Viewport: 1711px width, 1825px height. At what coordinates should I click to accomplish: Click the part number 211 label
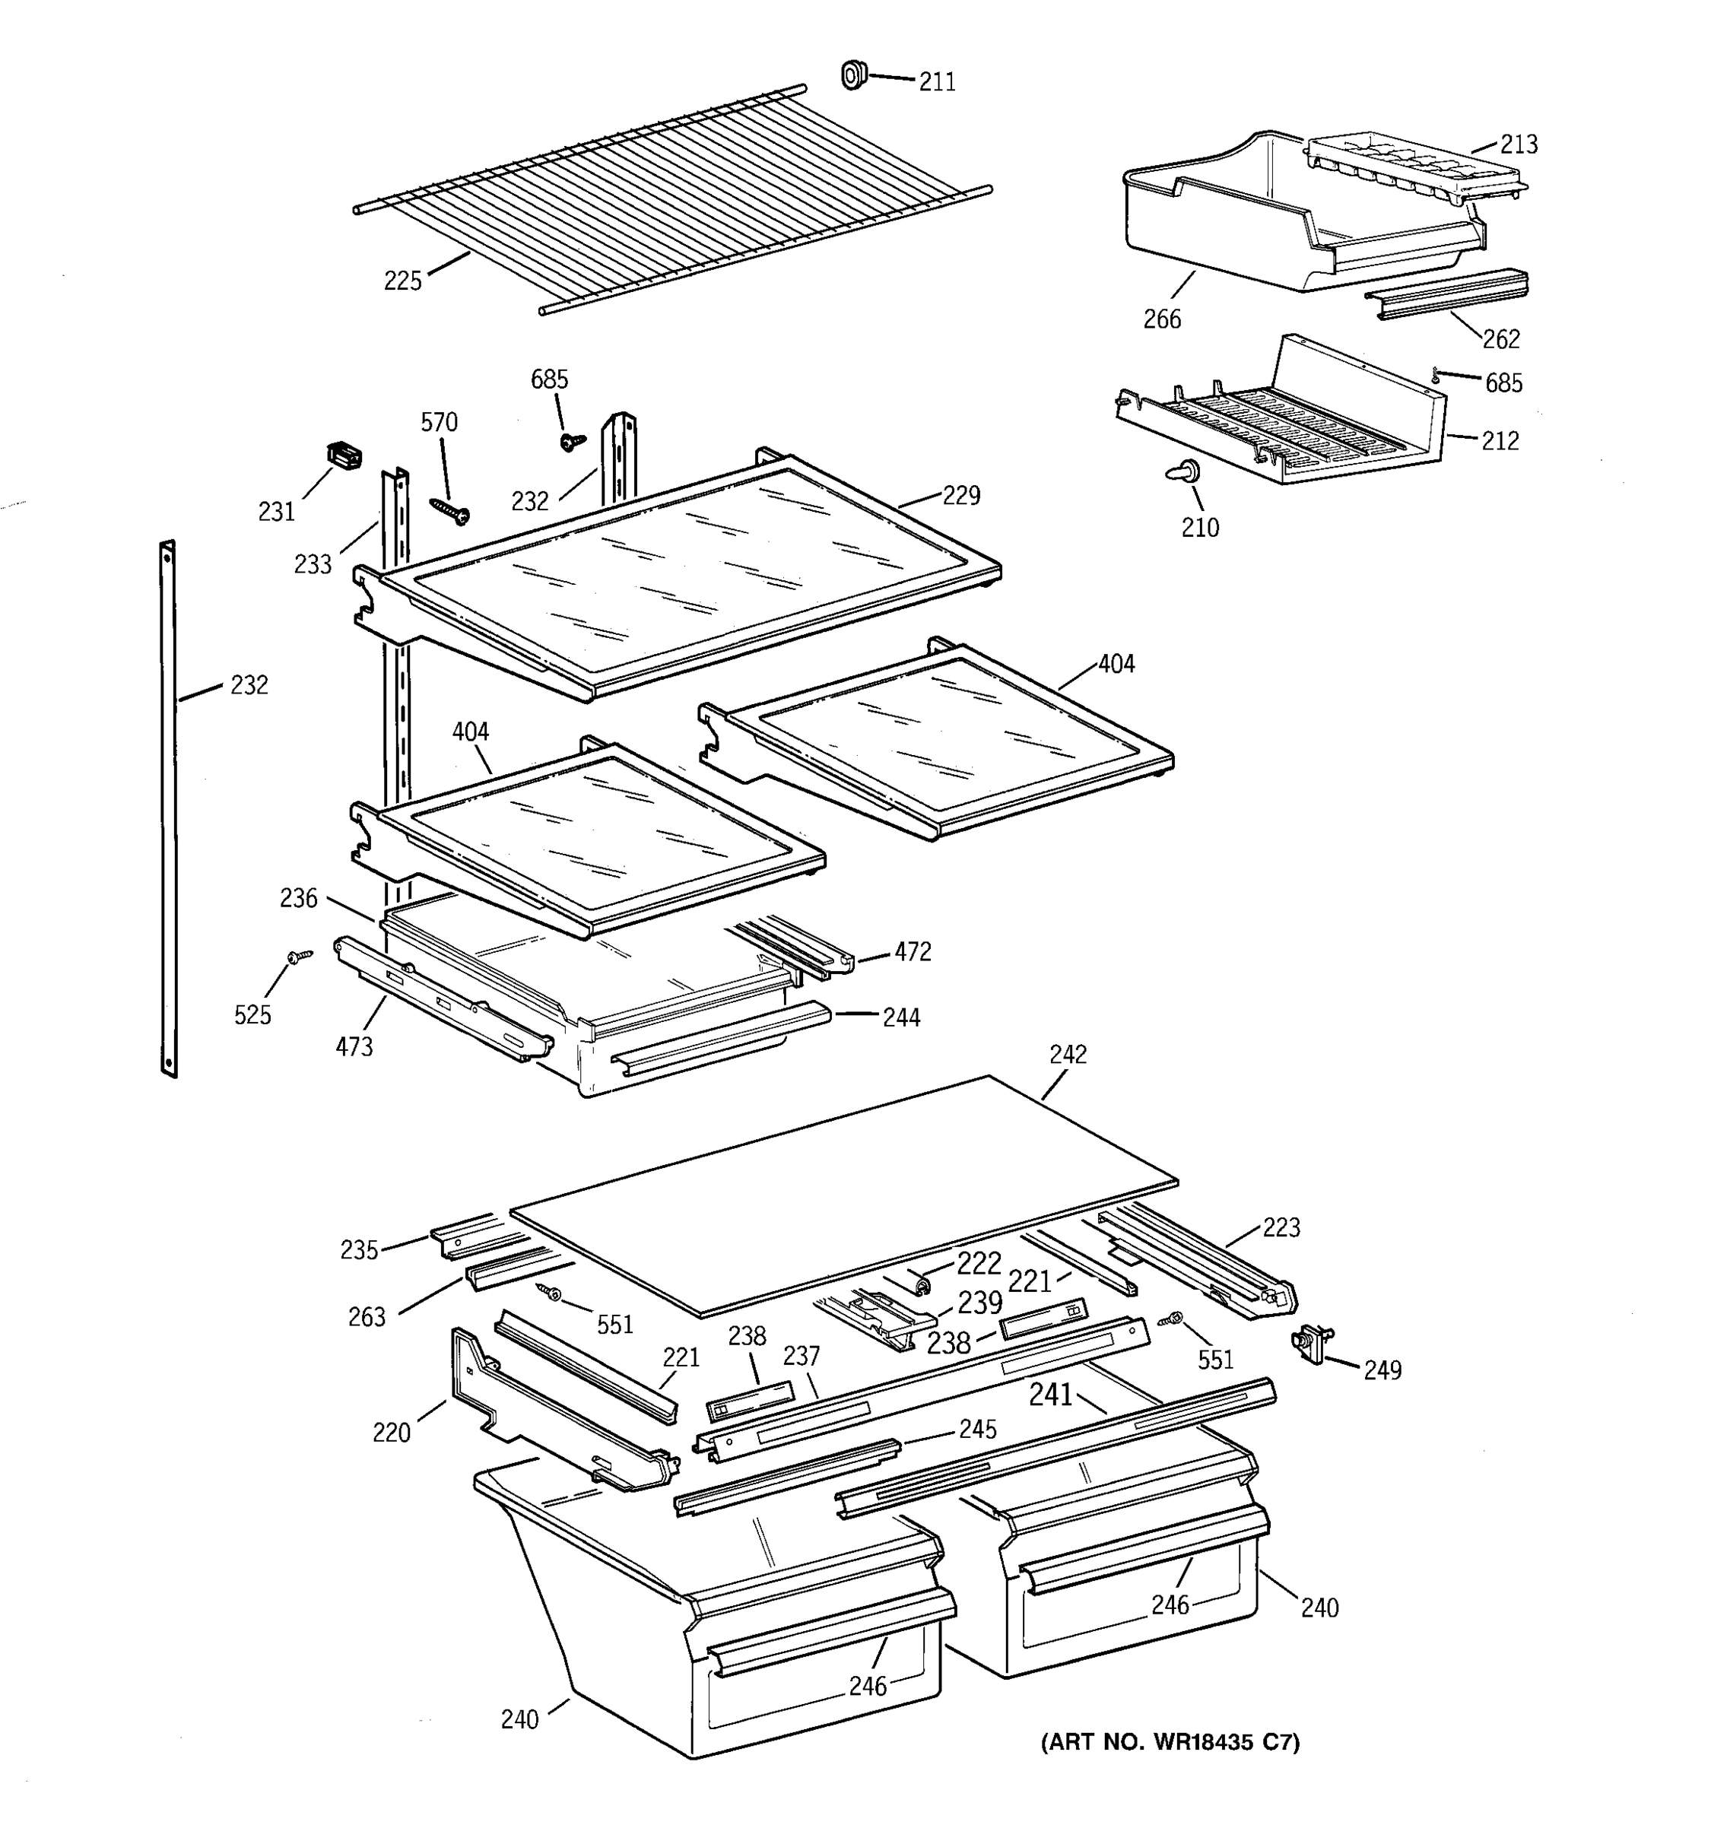937,83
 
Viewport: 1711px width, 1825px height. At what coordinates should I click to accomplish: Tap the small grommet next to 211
855,75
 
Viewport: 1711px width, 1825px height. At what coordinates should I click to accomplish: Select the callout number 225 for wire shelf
402,281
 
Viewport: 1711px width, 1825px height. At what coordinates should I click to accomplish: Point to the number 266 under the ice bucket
1161,319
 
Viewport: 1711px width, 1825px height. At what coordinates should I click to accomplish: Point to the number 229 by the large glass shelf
961,496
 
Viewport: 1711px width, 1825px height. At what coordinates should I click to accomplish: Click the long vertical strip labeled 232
168,808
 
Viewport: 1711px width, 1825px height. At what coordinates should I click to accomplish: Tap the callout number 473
354,1046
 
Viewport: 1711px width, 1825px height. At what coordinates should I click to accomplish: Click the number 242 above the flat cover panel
1068,1055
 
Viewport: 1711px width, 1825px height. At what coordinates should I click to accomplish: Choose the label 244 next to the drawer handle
900,1017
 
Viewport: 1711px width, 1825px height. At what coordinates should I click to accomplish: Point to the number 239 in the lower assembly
979,1303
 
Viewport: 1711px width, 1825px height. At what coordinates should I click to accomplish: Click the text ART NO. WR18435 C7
1170,1742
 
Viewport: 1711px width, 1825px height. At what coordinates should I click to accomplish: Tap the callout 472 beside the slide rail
913,952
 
